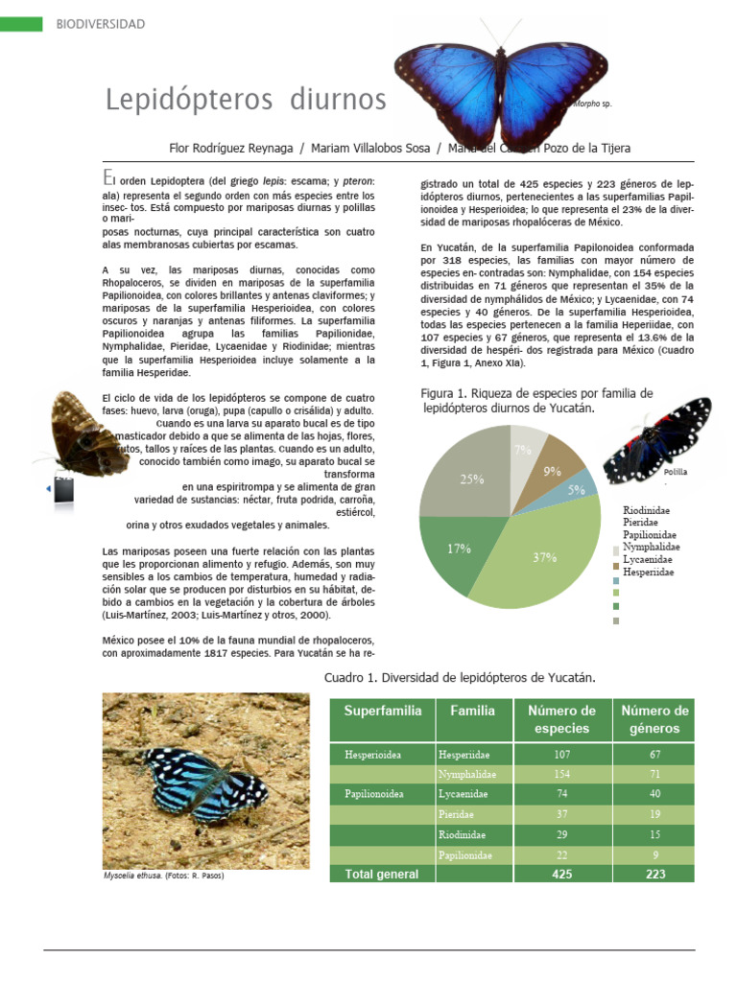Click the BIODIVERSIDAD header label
(100, 23)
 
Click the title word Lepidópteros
(182, 99)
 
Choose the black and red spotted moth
(661, 438)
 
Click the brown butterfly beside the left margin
(86, 432)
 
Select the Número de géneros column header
(654, 719)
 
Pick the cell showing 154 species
(561, 774)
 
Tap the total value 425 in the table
(561, 874)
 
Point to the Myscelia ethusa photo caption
(162, 876)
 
